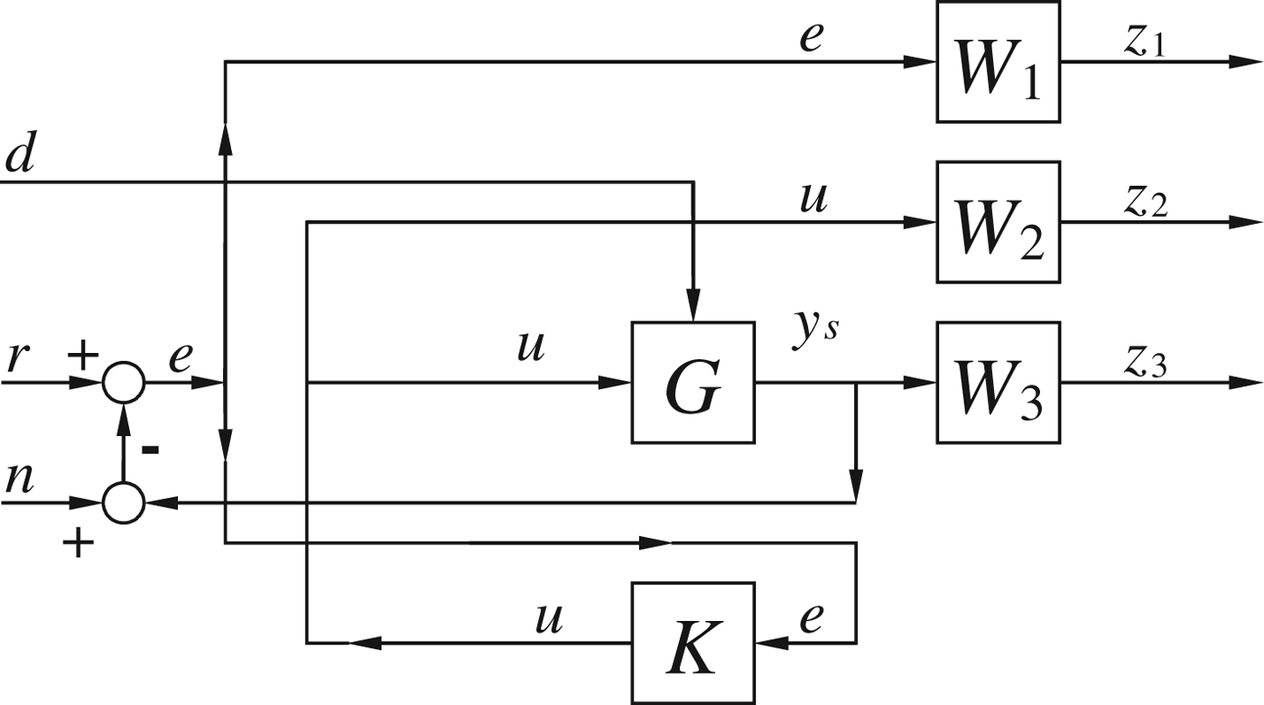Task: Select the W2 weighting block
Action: (998, 221)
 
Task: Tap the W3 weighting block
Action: (998, 382)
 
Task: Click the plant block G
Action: (692, 382)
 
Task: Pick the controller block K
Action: (692, 643)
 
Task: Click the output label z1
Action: (1145, 42)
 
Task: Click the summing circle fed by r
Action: (123, 383)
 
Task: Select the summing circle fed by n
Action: (123, 502)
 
